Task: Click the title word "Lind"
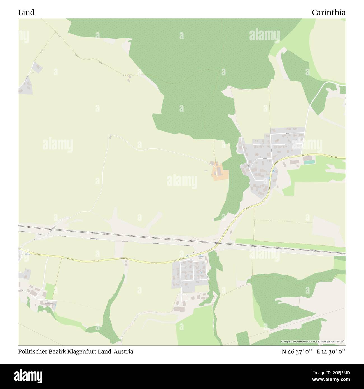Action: point(26,12)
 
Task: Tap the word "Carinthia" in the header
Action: point(329,12)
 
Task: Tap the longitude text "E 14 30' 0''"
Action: point(331,351)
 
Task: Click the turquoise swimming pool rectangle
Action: point(309,162)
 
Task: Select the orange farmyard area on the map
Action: point(220,173)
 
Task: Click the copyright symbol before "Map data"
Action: point(282,342)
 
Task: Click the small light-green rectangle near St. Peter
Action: point(50,291)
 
